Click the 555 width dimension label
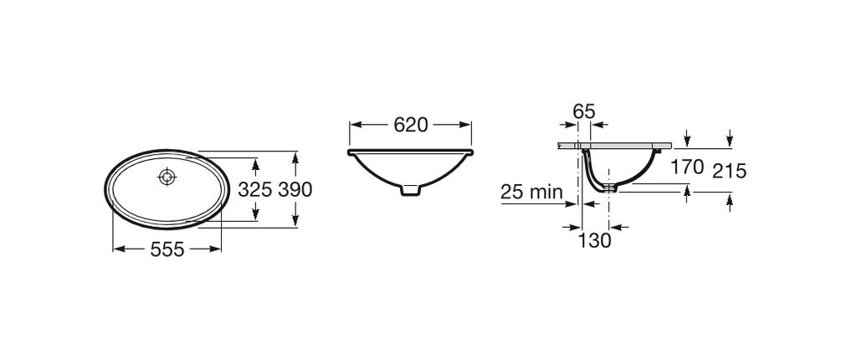click(x=167, y=249)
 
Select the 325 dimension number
click(x=255, y=190)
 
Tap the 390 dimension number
click(x=295, y=190)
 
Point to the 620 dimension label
click(x=410, y=126)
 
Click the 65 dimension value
click(x=584, y=111)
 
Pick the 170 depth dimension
click(x=687, y=167)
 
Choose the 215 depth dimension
click(x=729, y=172)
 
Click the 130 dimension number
click(x=595, y=240)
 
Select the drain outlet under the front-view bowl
click(x=410, y=192)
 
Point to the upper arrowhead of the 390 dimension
click(x=295, y=157)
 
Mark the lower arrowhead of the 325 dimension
click(x=255, y=217)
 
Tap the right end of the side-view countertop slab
click(x=670, y=145)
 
